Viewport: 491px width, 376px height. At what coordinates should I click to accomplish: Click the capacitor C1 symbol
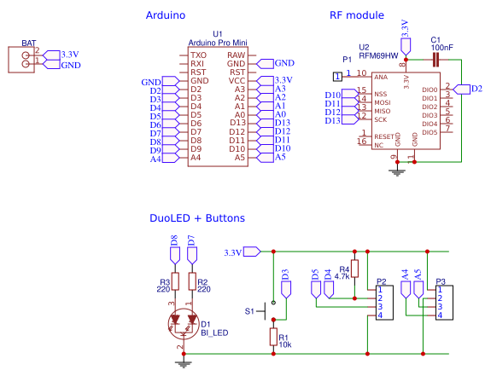tap(435, 60)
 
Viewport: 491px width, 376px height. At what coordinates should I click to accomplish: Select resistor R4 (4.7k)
tap(354, 269)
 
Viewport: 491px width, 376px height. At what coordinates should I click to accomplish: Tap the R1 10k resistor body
tap(273, 337)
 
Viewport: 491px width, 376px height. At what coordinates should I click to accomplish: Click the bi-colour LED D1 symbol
tap(184, 323)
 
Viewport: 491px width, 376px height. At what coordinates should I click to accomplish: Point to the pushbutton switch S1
tap(266, 311)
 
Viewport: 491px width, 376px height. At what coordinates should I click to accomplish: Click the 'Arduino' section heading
tap(166, 15)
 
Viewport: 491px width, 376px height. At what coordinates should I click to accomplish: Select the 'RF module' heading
tap(357, 15)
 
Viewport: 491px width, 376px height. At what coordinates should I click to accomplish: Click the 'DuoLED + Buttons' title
tap(197, 218)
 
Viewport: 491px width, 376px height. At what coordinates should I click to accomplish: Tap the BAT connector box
tap(21, 60)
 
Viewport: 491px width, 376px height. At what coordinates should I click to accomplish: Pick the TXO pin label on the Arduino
tap(198, 55)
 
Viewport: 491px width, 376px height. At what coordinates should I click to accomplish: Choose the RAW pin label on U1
tap(236, 55)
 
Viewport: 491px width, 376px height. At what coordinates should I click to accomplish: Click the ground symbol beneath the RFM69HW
tap(397, 172)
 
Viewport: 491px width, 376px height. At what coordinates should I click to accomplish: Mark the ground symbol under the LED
tap(184, 364)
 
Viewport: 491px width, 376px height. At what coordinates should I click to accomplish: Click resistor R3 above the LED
tap(175, 281)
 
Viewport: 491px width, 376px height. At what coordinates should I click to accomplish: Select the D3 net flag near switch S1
tap(286, 284)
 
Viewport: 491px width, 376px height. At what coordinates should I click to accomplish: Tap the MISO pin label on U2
tap(383, 111)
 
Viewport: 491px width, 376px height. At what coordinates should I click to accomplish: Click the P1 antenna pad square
tap(337, 77)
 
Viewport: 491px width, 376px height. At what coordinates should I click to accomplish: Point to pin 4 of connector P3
tap(440, 315)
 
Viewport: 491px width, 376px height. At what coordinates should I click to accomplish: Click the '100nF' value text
tap(441, 48)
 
